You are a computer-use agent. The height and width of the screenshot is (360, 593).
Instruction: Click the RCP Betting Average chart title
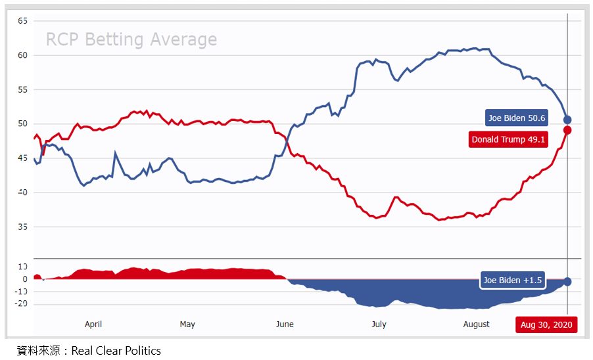pyautogui.click(x=131, y=40)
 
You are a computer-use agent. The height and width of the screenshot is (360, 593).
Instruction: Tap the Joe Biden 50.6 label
pyautogui.click(x=517, y=118)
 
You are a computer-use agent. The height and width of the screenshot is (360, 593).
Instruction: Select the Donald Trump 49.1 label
pyautogui.click(x=508, y=139)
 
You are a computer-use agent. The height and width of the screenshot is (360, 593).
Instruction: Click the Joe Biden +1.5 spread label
pyautogui.click(x=513, y=281)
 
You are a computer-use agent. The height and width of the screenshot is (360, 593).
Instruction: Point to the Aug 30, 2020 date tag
pyautogui.click(x=546, y=325)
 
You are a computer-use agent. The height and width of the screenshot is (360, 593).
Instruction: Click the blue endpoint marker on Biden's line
pyautogui.click(x=567, y=120)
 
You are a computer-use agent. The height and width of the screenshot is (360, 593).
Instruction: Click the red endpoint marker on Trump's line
pyautogui.click(x=567, y=130)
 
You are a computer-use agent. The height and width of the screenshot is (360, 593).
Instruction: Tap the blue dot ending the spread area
pyautogui.click(x=567, y=281)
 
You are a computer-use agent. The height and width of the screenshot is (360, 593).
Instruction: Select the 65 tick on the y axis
pyautogui.click(x=22, y=21)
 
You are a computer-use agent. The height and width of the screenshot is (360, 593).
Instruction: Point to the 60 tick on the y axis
pyautogui.click(x=22, y=55)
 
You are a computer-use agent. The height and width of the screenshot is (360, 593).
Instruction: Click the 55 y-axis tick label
pyautogui.click(x=22, y=89)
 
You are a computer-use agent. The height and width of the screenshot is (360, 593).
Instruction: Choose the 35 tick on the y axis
pyautogui.click(x=22, y=227)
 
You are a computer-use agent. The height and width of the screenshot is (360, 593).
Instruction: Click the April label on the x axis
pyautogui.click(x=93, y=325)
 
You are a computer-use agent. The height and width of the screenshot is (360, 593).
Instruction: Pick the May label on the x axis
pyautogui.click(x=187, y=325)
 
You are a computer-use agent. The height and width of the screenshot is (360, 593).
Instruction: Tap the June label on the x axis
pyautogui.click(x=285, y=325)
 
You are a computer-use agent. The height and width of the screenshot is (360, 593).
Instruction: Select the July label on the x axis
pyautogui.click(x=379, y=325)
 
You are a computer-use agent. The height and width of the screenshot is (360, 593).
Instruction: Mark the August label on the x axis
pyautogui.click(x=476, y=325)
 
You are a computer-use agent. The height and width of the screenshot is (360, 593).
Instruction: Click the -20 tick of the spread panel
pyautogui.click(x=21, y=304)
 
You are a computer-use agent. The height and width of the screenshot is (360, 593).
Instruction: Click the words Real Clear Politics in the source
pyautogui.click(x=116, y=351)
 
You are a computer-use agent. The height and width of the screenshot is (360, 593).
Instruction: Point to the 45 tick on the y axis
pyautogui.click(x=22, y=158)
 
